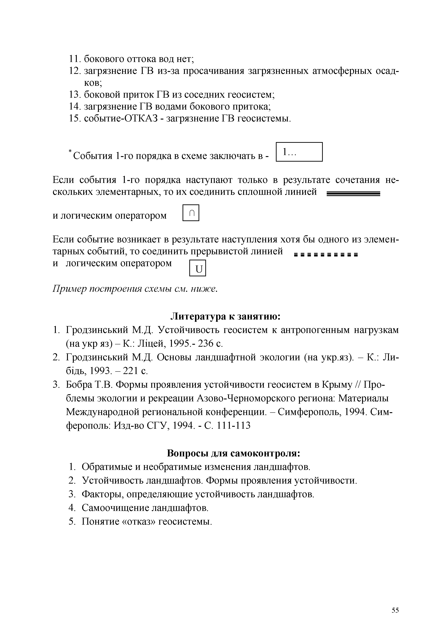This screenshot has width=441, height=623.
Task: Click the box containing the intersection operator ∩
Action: (x=191, y=213)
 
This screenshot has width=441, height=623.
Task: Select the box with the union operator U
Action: (x=198, y=268)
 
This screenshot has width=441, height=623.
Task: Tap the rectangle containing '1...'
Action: (x=299, y=152)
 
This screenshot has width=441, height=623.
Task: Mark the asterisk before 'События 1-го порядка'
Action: (x=70, y=151)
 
